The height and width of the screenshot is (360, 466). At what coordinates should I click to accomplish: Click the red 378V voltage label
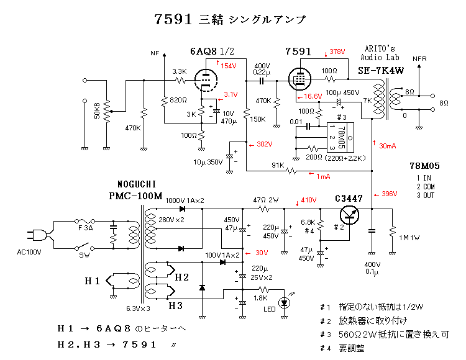pos(337,51)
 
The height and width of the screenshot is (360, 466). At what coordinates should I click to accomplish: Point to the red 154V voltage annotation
pos(228,65)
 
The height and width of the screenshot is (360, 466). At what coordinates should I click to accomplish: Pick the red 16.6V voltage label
pos(313,97)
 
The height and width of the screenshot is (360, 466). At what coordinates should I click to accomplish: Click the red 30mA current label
pos(387,146)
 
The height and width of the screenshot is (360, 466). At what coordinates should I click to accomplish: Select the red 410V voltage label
pos(309,200)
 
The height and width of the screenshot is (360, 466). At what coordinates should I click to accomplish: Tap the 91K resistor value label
pos(278,165)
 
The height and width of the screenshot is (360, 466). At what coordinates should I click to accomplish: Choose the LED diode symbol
pos(285,303)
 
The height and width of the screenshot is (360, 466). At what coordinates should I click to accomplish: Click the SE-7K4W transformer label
pos(381,71)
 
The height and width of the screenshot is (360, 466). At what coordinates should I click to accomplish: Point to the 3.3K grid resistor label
pos(179,71)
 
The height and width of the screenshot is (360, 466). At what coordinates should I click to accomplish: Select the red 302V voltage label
pos(263,144)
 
